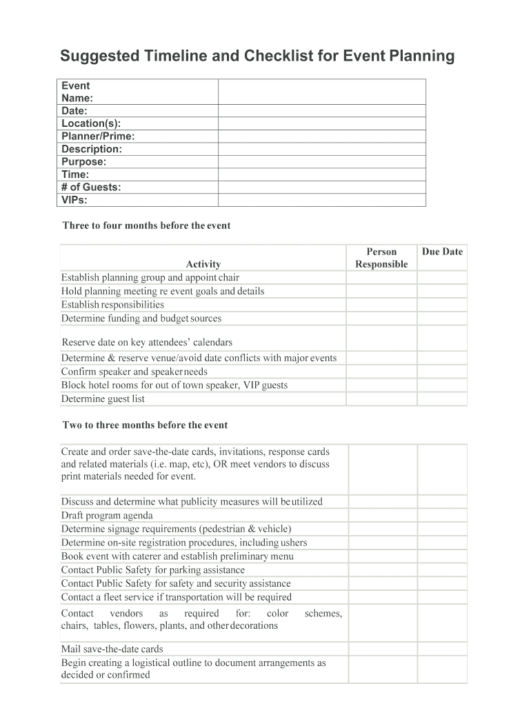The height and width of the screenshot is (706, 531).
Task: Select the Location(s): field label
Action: pyautogui.click(x=91, y=123)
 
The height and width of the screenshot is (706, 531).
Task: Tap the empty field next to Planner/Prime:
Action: pyautogui.click(x=321, y=137)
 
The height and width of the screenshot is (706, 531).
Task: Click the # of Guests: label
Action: pyautogui.click(x=91, y=187)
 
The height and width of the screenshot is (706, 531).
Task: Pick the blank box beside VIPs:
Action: pyautogui.click(x=321, y=200)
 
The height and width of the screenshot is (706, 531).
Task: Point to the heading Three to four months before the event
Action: pyautogui.click(x=146, y=225)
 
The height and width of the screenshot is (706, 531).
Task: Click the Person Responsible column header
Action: pyautogui.click(x=381, y=258)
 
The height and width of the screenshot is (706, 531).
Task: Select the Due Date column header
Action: pyautogui.click(x=442, y=252)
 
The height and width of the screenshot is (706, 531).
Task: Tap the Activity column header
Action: pyautogui.click(x=203, y=264)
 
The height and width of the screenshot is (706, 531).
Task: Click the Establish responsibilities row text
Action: pyautogui.click(x=112, y=305)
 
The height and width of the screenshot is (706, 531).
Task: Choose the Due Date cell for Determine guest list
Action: pyautogui.click(x=442, y=399)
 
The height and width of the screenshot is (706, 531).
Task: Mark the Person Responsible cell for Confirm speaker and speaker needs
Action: pyautogui.click(x=381, y=372)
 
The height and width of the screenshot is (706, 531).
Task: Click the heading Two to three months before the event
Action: pyautogui.click(x=145, y=425)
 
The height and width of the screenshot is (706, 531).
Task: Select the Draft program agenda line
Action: pyautogui.click(x=107, y=515)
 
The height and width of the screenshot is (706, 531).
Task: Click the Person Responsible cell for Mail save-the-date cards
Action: pyautogui.click(x=383, y=649)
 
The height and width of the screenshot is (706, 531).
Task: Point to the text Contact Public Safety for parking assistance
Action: pyautogui.click(x=152, y=570)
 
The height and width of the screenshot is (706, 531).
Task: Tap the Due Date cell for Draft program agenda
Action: pyautogui.click(x=442, y=515)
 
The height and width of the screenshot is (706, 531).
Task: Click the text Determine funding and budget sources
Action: pyautogui.click(x=141, y=319)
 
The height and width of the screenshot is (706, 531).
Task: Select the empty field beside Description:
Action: pyautogui.click(x=321, y=149)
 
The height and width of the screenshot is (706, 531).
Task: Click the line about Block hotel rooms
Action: pyautogui.click(x=174, y=385)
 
